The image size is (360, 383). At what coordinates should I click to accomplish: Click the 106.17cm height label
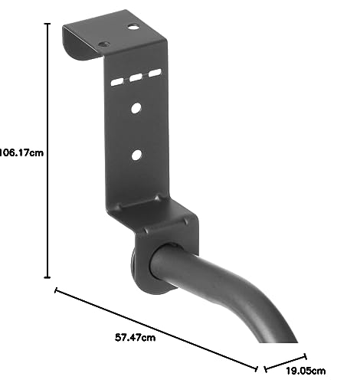click(x=21, y=152)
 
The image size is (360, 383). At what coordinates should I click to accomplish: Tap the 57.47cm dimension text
click(x=135, y=337)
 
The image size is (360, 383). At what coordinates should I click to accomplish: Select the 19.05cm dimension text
click(x=306, y=371)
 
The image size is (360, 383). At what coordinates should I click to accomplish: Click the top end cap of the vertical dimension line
click(x=47, y=24)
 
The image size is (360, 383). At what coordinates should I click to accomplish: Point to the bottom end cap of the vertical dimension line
click(x=47, y=277)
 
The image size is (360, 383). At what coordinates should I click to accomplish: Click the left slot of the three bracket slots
click(x=117, y=82)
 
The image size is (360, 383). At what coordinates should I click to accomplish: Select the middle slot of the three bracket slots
click(x=136, y=77)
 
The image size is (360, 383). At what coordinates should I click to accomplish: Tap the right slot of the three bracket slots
click(x=155, y=73)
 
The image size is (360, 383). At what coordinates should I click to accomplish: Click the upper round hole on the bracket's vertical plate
click(x=136, y=108)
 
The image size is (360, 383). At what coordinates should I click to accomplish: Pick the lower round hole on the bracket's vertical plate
click(x=136, y=155)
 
